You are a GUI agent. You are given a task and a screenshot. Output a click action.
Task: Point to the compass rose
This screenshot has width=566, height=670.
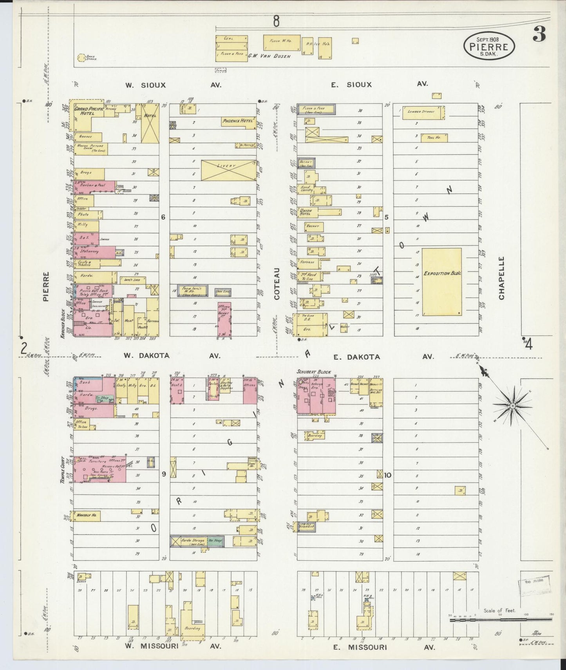(512, 406)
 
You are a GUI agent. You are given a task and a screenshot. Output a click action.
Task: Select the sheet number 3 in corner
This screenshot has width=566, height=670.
(539, 35)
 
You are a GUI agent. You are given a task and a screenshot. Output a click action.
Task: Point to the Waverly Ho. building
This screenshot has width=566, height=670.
(87, 516)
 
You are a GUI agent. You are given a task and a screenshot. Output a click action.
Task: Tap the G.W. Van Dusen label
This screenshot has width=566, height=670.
(269, 56)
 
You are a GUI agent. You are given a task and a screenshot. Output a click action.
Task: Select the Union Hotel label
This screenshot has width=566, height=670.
(306, 212)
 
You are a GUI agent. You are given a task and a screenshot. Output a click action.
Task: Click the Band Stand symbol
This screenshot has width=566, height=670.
(81, 58)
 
